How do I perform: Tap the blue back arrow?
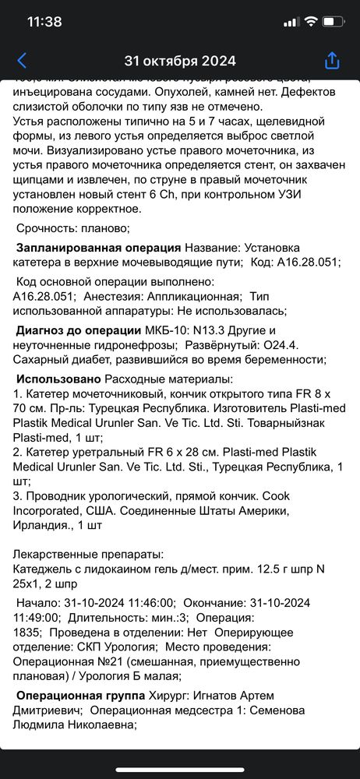click(22, 61)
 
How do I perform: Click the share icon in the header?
click(332, 61)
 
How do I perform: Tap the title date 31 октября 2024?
click(180, 61)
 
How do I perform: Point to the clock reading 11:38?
click(44, 22)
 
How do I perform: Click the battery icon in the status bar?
click(333, 22)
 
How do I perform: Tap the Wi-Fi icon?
click(310, 22)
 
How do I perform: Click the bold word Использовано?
click(58, 379)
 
